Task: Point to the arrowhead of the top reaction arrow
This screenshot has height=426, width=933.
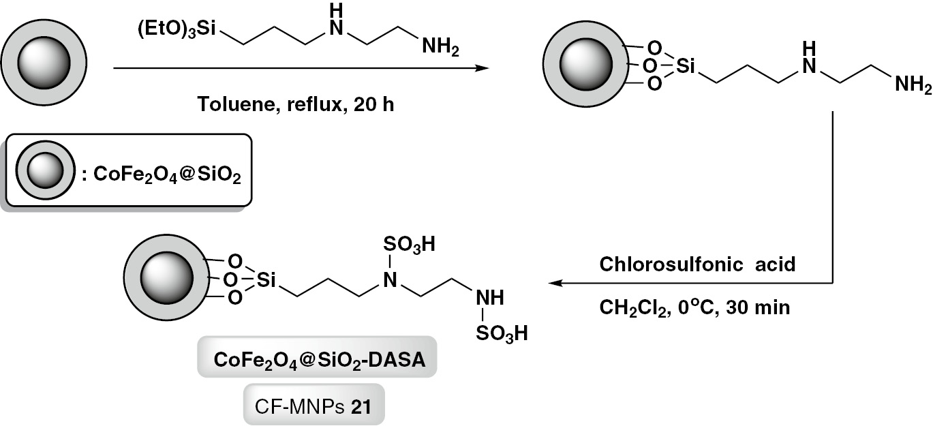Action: [x=483, y=69]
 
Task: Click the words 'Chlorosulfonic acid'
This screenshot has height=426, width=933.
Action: [x=697, y=265]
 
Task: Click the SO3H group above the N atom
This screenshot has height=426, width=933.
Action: [x=409, y=244]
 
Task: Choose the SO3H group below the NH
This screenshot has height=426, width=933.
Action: [x=502, y=335]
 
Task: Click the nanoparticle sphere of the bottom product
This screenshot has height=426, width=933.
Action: [x=166, y=280]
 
